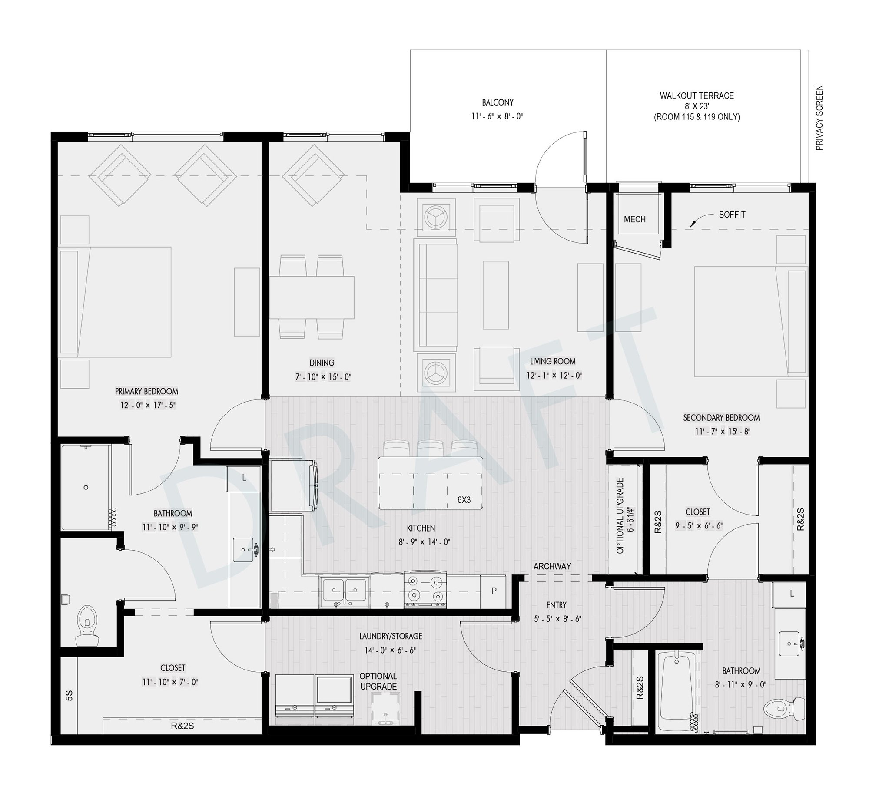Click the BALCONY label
pyautogui.click(x=498, y=102)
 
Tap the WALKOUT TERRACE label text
pyautogui.click(x=697, y=96)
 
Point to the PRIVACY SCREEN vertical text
pyautogui.click(x=819, y=118)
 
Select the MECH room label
pyautogui.click(x=634, y=219)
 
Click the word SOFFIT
pyautogui.click(x=732, y=215)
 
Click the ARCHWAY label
pyautogui.click(x=552, y=566)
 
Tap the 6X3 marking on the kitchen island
pyautogui.click(x=464, y=500)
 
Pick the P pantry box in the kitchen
pyautogui.click(x=494, y=591)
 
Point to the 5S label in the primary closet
pyautogui.click(x=69, y=696)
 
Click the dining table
pyautogui.click(x=312, y=298)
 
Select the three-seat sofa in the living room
pyautogui.click(x=436, y=295)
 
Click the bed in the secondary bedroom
pyautogui.click(x=750, y=322)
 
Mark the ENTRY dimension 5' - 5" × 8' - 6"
pyautogui.click(x=557, y=619)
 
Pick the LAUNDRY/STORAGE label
pyautogui.click(x=391, y=636)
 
